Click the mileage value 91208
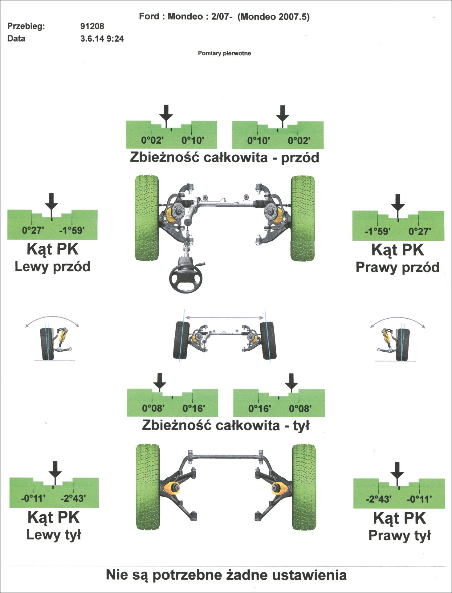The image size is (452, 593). click(x=92, y=26)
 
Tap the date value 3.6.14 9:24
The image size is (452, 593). click(x=102, y=39)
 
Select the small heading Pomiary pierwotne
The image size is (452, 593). click(x=224, y=53)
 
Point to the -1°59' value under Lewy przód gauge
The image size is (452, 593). click(x=72, y=230)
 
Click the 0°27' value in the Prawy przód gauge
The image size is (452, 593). click(x=420, y=231)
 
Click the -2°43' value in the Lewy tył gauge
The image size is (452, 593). click(x=73, y=498)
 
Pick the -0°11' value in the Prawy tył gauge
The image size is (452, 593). click(x=419, y=499)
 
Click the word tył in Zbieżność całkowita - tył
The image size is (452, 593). click(x=301, y=426)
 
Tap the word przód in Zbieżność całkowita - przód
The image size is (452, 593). click(x=300, y=157)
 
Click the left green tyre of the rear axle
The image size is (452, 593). click(x=148, y=487)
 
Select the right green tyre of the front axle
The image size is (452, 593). click(x=303, y=218)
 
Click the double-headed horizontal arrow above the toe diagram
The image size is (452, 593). click(x=225, y=317)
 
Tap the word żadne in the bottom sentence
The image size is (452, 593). click(x=246, y=575)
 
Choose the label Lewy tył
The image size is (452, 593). click(x=54, y=535)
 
